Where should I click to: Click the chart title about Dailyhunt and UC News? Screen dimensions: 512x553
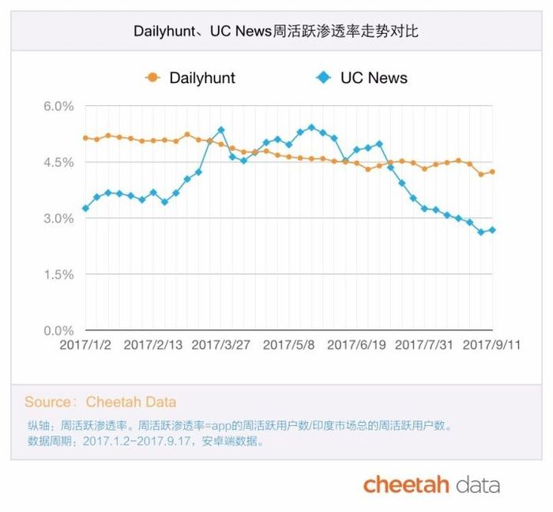[x=276, y=32]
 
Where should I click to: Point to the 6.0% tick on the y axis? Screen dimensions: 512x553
[x=58, y=106]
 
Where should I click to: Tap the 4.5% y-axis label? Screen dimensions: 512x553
[x=58, y=162]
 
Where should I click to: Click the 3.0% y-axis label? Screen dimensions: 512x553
[x=58, y=218]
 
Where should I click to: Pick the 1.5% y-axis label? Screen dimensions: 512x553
[x=58, y=274]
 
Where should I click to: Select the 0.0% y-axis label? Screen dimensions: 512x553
[x=58, y=330]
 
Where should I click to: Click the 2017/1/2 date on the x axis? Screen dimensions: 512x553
[x=86, y=344]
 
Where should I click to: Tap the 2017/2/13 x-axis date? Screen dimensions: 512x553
[x=153, y=344]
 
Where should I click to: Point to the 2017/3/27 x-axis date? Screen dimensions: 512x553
[x=221, y=344]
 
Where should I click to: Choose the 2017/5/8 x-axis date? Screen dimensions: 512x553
[x=289, y=344]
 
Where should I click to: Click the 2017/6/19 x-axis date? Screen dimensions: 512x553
[x=356, y=344]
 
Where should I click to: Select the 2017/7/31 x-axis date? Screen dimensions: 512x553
[x=424, y=344]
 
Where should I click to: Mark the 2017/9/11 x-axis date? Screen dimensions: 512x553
[x=491, y=344]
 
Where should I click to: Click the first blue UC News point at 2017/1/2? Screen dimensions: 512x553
[x=85, y=209]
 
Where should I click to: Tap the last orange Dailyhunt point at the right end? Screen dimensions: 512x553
[x=492, y=171]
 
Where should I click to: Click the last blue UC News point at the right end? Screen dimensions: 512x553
[x=492, y=230]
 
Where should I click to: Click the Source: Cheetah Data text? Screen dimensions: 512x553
[x=100, y=402]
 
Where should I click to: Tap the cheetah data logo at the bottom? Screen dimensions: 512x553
[x=431, y=484]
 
